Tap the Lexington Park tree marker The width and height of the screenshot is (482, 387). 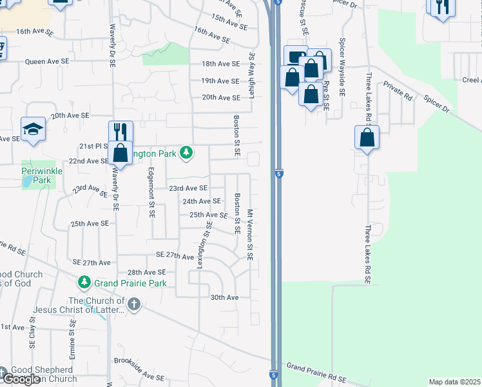(x=186, y=152)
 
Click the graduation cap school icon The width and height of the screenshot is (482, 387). (x=33, y=129)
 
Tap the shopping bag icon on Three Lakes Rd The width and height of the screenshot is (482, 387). (x=367, y=138)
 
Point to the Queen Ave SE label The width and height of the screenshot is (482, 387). (x=46, y=62)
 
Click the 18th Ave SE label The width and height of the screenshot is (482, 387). (x=220, y=64)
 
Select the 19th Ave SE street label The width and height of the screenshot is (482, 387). (x=220, y=81)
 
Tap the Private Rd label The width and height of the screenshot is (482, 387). (x=398, y=91)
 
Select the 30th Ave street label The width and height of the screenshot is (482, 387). (x=224, y=297)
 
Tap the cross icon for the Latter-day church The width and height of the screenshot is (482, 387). (x=133, y=304)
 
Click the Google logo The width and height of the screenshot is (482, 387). (x=21, y=379)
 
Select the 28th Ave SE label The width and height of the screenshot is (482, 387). (x=147, y=273)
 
